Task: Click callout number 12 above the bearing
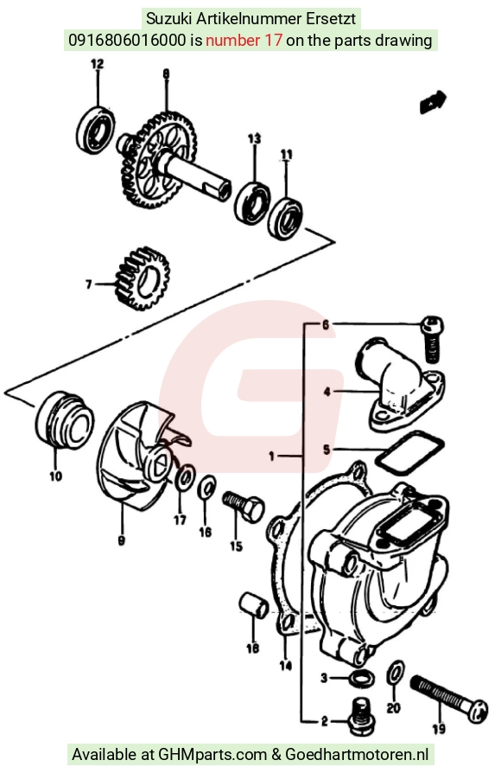point(97,64)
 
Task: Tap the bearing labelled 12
point(96,131)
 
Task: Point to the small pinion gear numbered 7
point(142,278)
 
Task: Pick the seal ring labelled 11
point(285,219)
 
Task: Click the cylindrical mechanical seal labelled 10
point(64,422)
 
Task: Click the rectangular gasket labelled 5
point(409,450)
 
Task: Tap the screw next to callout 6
point(433,338)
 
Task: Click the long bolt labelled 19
point(448,699)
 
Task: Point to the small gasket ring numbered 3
point(361,679)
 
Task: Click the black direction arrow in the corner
point(433,101)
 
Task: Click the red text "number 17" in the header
point(244,40)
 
